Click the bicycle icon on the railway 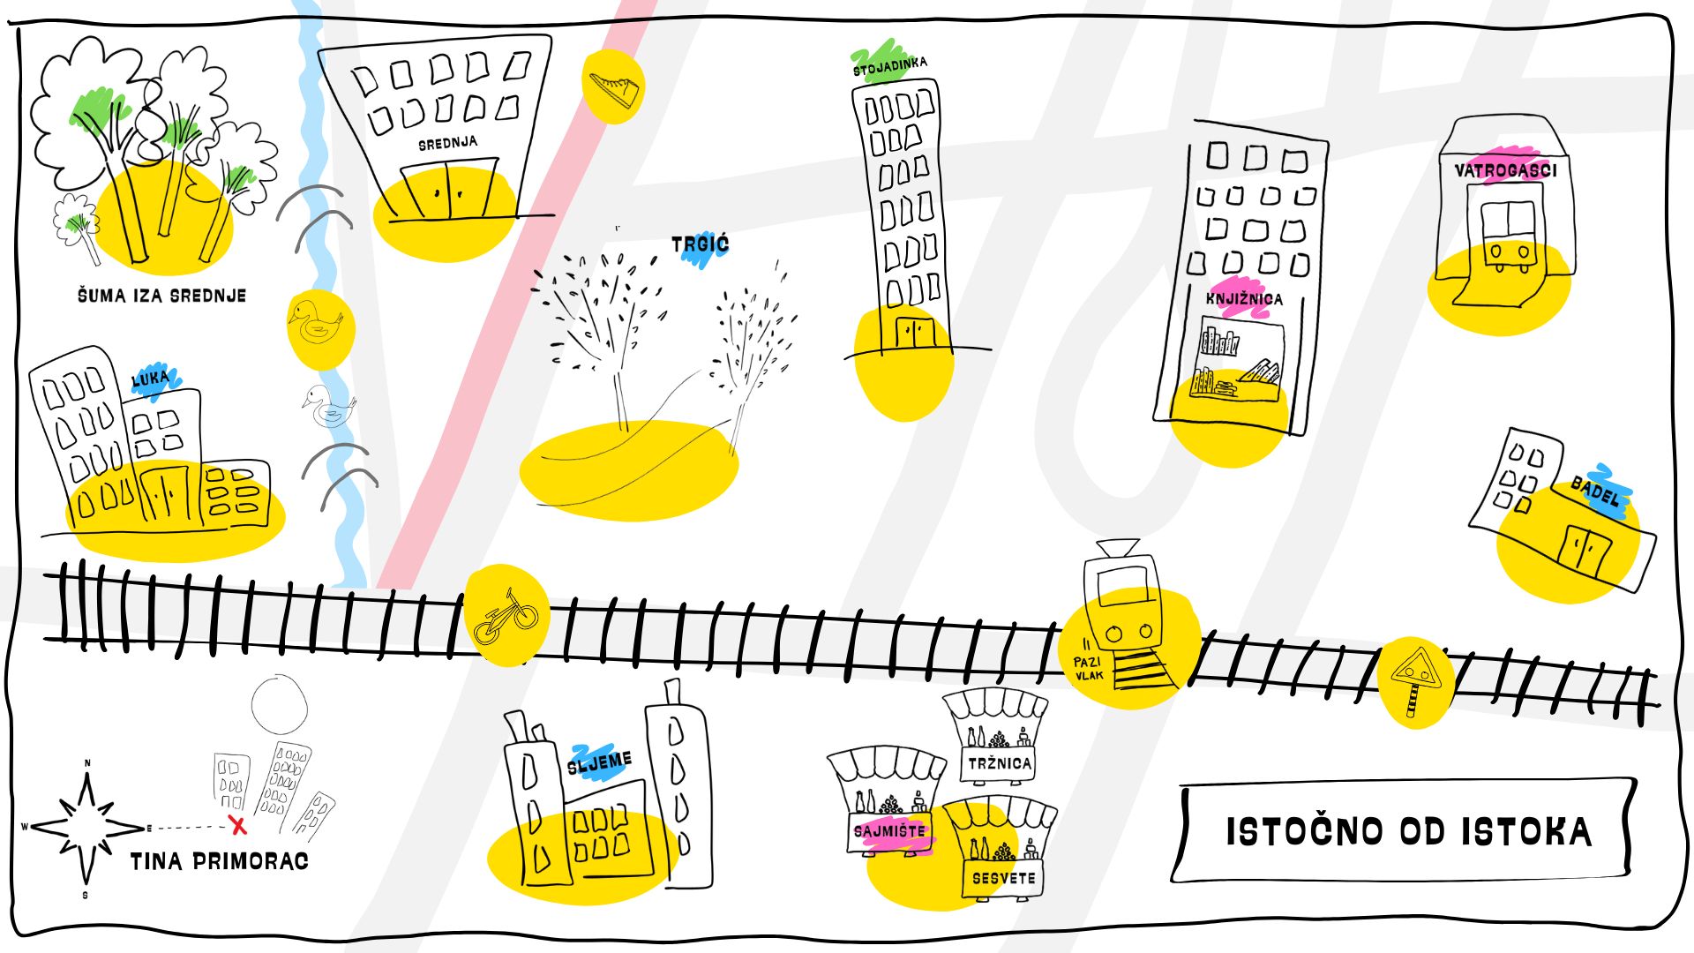tap(506, 616)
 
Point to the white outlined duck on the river tap(329, 405)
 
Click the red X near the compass tap(237, 826)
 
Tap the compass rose tap(86, 828)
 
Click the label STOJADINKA tap(889, 66)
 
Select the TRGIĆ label tap(701, 244)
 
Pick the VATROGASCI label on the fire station tap(1505, 170)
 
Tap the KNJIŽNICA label tap(1244, 299)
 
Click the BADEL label tap(1596, 492)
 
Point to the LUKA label tap(150, 379)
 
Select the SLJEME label tap(600, 763)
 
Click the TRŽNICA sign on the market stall tap(1000, 763)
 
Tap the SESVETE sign tap(1003, 878)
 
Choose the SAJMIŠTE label tap(889, 831)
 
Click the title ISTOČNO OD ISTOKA tap(1408, 832)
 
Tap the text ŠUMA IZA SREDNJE tap(161, 296)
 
